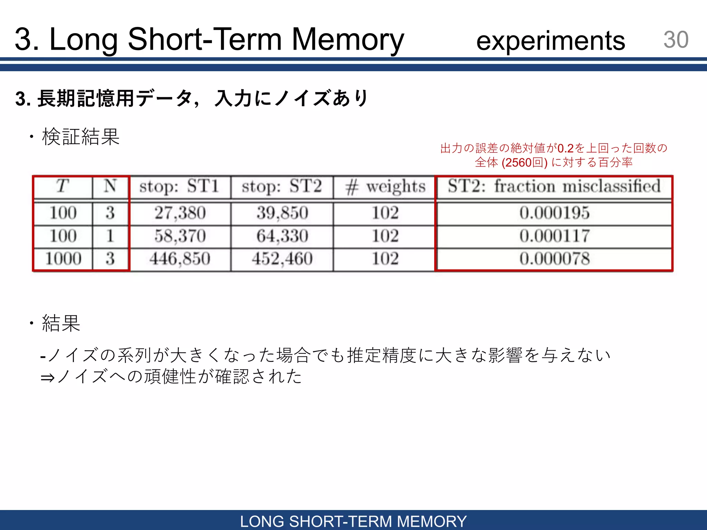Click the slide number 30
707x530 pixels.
[x=676, y=40]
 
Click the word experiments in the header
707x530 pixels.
[x=551, y=41]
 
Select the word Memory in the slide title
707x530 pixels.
[x=348, y=40]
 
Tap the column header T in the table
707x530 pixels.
[x=62, y=186]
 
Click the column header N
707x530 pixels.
[x=110, y=186]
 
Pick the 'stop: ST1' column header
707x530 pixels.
[x=179, y=186]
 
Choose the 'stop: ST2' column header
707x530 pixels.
[x=282, y=186]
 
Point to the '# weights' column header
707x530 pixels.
[x=385, y=187]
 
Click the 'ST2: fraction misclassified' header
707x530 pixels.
[x=554, y=186]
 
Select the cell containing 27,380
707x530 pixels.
[x=180, y=213]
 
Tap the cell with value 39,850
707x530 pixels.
[x=282, y=213]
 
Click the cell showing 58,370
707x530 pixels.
[x=180, y=236]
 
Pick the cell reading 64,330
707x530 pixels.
[x=282, y=236]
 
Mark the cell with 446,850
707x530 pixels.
[x=180, y=259]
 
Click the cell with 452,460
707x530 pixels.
[x=282, y=259]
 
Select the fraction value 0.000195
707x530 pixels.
[x=554, y=213]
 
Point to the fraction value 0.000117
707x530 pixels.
[x=554, y=236]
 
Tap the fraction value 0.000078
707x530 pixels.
[x=554, y=259]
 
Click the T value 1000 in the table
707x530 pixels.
[x=63, y=259]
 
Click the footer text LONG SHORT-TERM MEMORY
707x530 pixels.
[x=353, y=521]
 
